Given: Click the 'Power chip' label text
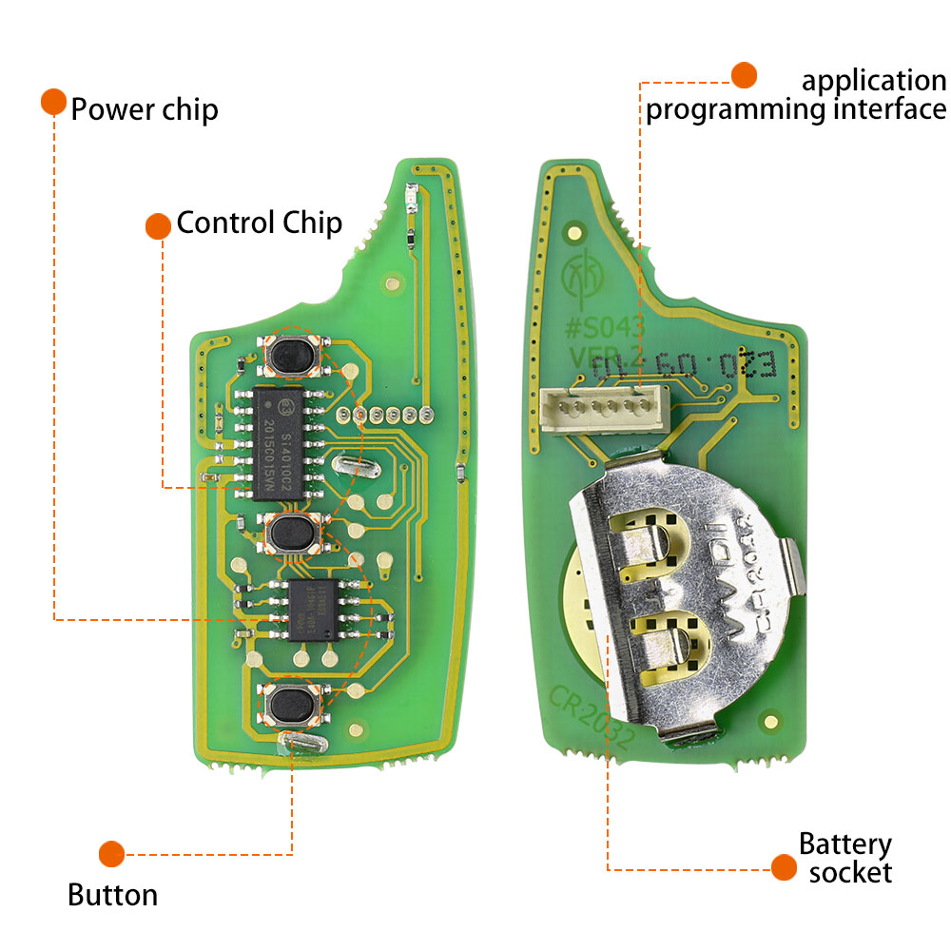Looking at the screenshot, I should point(145,109).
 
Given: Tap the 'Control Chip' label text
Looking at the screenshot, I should point(259,223).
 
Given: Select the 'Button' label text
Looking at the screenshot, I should point(112,895).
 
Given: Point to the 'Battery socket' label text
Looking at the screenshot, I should point(844,858).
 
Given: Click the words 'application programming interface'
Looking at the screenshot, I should point(797,95).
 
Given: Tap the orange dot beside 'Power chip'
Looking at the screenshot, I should point(53,103).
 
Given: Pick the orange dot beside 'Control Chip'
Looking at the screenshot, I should point(158,225).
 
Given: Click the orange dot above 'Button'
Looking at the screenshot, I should point(112,853).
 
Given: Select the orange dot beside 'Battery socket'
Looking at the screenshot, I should point(783,866).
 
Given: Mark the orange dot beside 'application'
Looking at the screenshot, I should point(743,74).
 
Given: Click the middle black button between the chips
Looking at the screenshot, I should point(292,534).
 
